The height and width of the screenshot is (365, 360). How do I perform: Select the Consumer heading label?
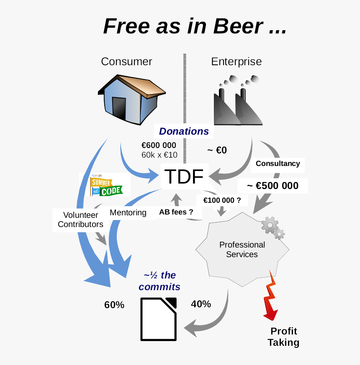click(126, 62)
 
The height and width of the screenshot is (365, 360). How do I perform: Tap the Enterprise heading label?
click(236, 62)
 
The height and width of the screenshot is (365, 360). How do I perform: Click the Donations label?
click(184, 131)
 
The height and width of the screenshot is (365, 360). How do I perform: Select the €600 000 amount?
click(159, 145)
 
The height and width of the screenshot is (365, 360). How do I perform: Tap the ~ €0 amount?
click(217, 150)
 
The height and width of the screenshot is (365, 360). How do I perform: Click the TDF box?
click(184, 177)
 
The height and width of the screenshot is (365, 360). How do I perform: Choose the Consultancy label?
click(278, 163)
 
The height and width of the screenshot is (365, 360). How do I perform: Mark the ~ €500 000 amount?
click(273, 186)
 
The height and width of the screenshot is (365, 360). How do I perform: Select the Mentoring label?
click(128, 212)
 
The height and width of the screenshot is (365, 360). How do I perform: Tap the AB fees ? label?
click(176, 212)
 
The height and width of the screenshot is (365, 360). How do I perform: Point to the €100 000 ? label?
click(222, 200)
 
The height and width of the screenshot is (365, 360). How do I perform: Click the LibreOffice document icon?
click(159, 319)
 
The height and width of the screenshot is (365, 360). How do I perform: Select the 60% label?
click(114, 305)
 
